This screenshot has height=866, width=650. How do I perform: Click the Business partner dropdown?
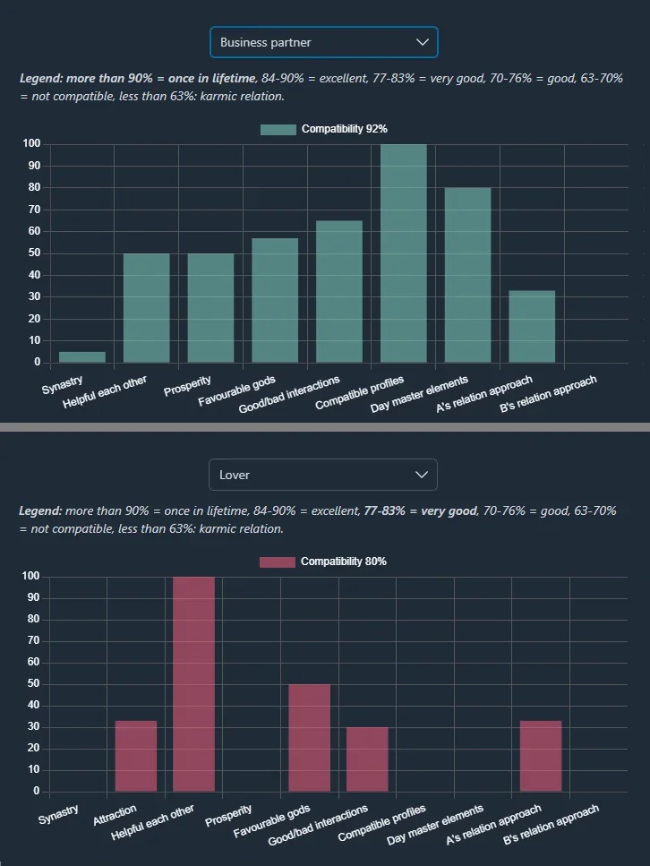pos(323,42)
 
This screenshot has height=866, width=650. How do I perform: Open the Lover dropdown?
pos(322,475)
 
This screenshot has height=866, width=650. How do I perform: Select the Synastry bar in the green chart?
pos(82,357)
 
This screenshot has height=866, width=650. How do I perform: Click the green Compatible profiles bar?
pos(404,253)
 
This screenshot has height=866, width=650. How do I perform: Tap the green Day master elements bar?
pos(467,275)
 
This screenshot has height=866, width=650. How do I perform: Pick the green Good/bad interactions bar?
pos(339,292)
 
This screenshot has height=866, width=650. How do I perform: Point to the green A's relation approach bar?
pos(532,327)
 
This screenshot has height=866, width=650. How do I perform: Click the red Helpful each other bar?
pos(193,684)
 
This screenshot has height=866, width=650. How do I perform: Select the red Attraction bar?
pos(136,756)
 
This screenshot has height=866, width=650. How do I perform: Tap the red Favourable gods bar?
pos(309,738)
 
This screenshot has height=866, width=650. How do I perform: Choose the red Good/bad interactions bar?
pos(367,759)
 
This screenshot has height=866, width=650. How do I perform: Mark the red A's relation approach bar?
pos(541,756)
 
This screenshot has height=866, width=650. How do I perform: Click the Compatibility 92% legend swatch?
pos(278,130)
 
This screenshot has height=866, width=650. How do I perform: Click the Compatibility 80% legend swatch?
pos(277,562)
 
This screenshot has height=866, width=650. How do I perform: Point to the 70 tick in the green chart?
pos(34,210)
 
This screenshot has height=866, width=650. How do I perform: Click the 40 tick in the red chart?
pos(34,706)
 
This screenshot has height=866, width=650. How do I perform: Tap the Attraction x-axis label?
pos(115,814)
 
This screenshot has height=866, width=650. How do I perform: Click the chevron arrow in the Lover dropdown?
pos(423,475)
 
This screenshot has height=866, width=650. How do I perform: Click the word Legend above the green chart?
pos(39,78)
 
